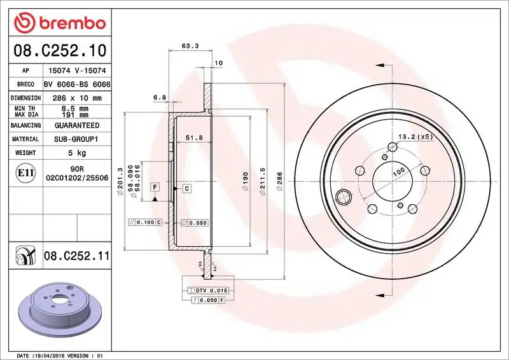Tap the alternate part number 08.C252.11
(76, 256)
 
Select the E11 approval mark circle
(25, 172)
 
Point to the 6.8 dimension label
(160, 97)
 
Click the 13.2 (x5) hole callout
(415, 137)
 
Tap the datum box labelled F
(155, 187)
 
